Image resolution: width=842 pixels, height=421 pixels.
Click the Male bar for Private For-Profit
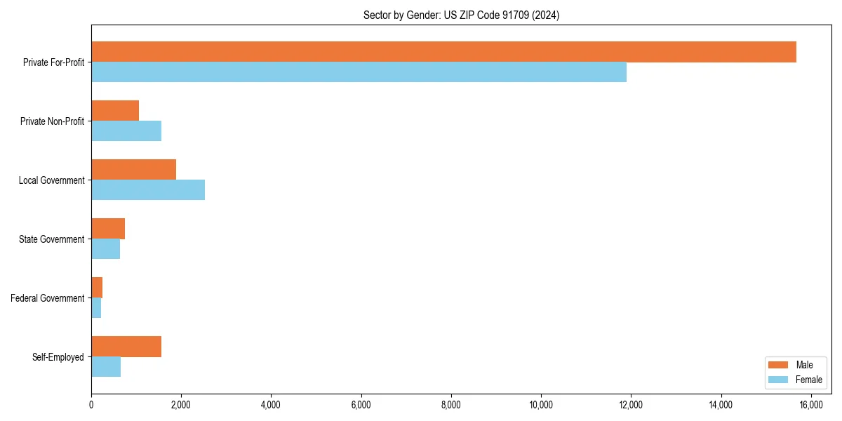pos(443,52)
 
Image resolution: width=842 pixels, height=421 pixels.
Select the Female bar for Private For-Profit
pos(359,72)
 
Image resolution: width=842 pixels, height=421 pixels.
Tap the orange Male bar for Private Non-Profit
pos(115,111)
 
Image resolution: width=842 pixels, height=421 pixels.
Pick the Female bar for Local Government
pos(148,190)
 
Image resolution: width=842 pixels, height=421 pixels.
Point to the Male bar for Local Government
pos(133,170)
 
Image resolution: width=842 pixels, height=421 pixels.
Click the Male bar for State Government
pos(108,229)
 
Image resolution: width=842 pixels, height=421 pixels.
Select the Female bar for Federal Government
pos(96,308)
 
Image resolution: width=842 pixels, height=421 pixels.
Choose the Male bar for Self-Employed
pos(126,347)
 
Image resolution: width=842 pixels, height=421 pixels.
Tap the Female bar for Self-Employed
pos(106,367)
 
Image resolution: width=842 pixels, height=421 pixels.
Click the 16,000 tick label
pos(811,405)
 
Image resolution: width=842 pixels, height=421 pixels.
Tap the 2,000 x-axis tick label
pos(181,405)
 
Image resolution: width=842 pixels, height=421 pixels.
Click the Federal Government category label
pos(48,298)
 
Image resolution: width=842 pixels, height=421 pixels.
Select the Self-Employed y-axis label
pos(58,357)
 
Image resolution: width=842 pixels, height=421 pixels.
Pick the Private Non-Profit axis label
pos(53,121)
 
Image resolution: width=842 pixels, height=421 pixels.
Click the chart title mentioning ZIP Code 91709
pos(461,15)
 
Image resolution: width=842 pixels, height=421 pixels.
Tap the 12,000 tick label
pos(631,405)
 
